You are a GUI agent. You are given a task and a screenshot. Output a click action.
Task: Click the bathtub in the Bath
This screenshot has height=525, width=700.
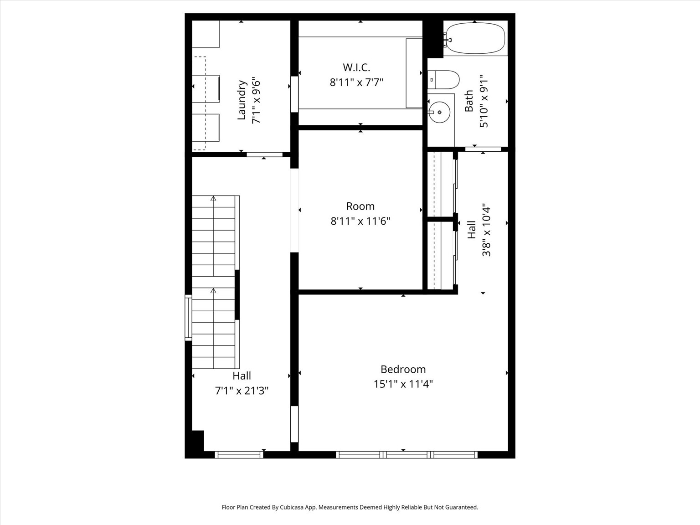[475, 38]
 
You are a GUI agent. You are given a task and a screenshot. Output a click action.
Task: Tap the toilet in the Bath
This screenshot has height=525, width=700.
[444, 80]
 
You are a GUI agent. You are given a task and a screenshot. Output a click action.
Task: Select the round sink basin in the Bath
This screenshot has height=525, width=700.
[440, 112]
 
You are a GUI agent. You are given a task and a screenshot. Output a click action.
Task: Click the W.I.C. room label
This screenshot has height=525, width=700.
[356, 67]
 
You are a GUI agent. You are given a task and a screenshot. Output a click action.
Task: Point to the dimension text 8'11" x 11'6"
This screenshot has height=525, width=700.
[360, 221]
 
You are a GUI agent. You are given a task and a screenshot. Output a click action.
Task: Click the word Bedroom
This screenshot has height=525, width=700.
[403, 369]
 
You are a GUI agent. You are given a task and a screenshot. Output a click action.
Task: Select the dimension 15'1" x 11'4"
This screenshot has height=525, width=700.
[403, 384]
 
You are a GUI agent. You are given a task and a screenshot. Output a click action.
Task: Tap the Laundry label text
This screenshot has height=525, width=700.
[242, 100]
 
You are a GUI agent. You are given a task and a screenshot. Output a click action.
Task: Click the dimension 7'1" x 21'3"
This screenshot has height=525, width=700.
[242, 391]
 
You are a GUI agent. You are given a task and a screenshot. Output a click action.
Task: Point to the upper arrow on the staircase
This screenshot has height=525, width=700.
[213, 199]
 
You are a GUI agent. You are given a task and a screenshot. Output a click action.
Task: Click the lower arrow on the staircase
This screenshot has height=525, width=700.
[213, 290]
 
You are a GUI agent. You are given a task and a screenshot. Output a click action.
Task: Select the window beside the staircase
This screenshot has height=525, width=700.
[188, 318]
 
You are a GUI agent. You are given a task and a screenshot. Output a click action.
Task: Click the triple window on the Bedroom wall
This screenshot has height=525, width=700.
[407, 454]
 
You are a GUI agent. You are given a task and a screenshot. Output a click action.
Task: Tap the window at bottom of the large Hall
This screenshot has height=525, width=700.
[239, 454]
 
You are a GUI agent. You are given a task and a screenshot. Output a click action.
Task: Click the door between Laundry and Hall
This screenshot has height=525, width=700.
[264, 154]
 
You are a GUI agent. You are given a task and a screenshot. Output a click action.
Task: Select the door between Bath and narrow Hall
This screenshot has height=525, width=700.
[483, 149]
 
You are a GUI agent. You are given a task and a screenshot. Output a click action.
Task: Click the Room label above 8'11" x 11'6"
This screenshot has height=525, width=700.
[360, 206]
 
